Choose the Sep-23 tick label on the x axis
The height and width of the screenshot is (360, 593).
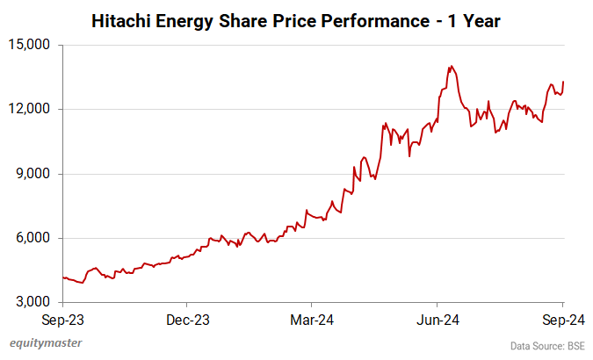[64, 319]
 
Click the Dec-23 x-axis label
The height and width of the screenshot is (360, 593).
[189, 319]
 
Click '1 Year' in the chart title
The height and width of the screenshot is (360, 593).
[474, 20]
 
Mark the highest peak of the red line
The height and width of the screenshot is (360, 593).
[450, 66]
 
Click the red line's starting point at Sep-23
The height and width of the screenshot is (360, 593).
[64, 277]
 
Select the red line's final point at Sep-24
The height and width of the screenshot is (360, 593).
[563, 82]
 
